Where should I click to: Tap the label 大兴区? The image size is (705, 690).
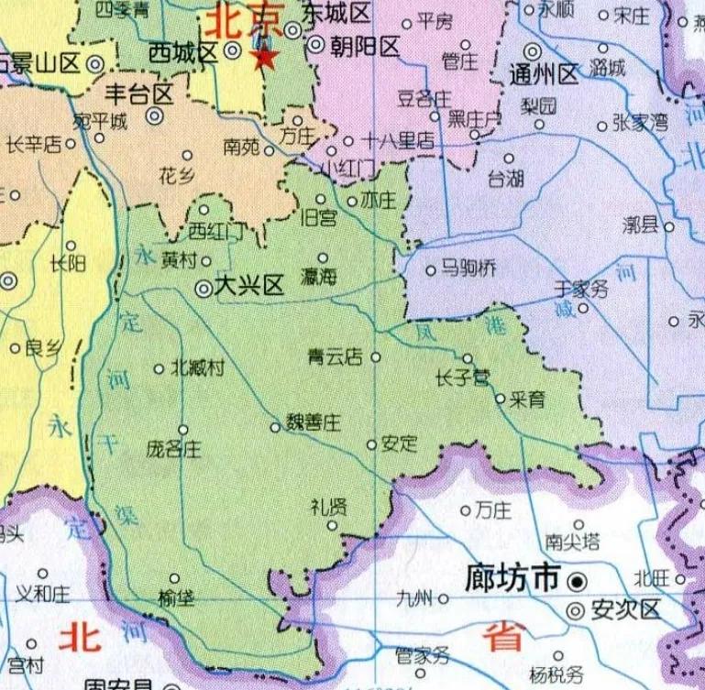pyautogui.click(x=248, y=287)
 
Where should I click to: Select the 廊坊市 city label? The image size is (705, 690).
pyautogui.click(x=512, y=578)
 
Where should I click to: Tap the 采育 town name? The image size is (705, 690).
pyautogui.click(x=528, y=400)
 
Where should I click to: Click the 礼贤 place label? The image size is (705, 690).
pyautogui.click(x=329, y=507)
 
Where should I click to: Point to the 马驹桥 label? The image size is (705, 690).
pyautogui.click(x=468, y=268)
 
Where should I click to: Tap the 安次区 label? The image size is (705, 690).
pyautogui.click(x=626, y=609)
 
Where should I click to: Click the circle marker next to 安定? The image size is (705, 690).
pyautogui.click(x=371, y=445)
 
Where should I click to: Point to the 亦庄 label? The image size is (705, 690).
pyautogui.click(x=379, y=201)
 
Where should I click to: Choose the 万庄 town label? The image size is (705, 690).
pyautogui.click(x=492, y=511)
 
